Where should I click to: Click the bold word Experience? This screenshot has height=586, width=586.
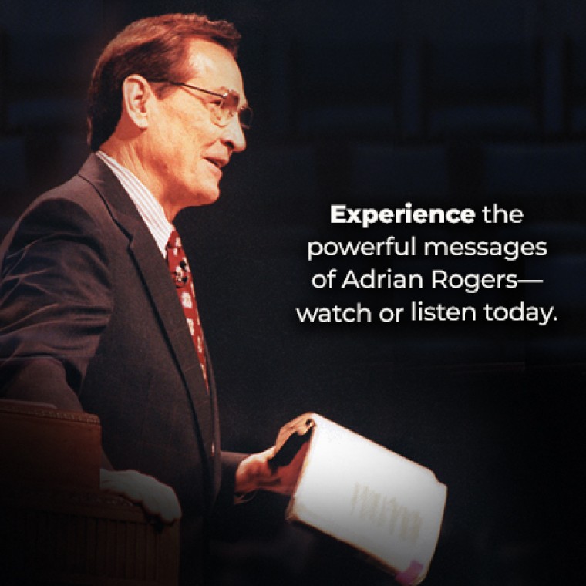click(x=402, y=216)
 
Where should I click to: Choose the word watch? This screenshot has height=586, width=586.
click(x=334, y=312)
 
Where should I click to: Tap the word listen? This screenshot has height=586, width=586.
click(x=443, y=312)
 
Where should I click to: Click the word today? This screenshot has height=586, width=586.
click(x=518, y=313)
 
